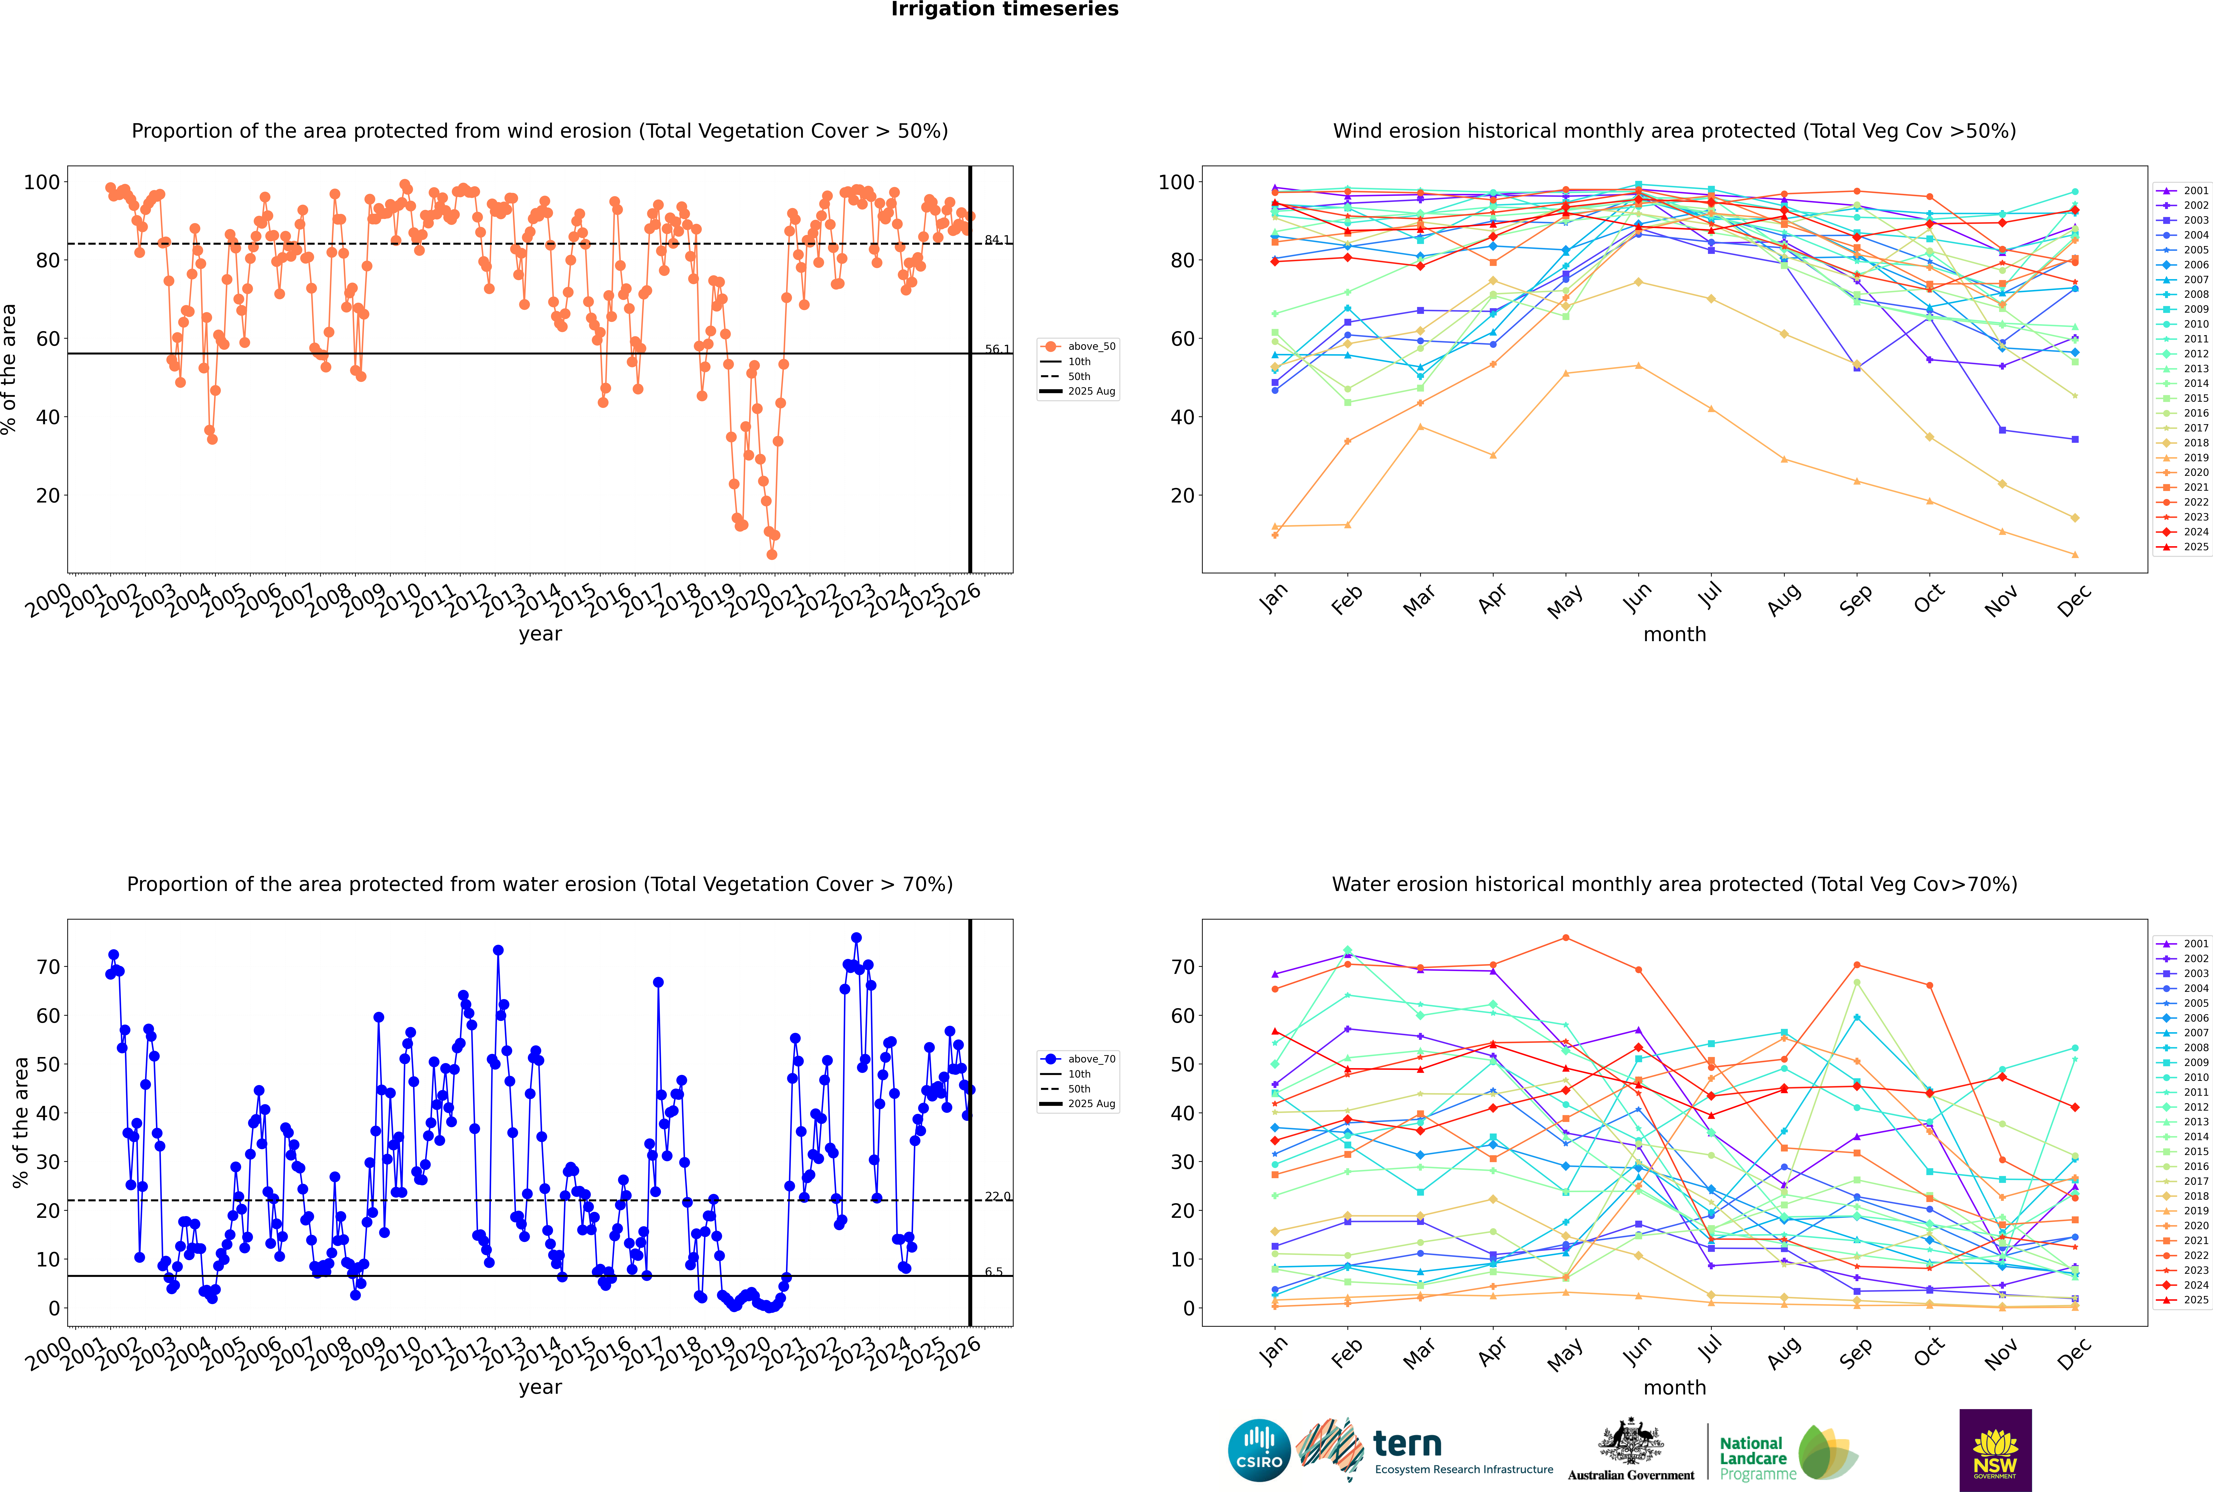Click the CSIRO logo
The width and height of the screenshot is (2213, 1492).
coord(1259,1450)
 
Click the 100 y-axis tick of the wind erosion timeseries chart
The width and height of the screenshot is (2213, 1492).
coord(42,182)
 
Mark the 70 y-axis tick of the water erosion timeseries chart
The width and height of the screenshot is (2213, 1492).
coord(47,967)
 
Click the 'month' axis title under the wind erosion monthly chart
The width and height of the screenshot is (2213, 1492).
coord(1674,635)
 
